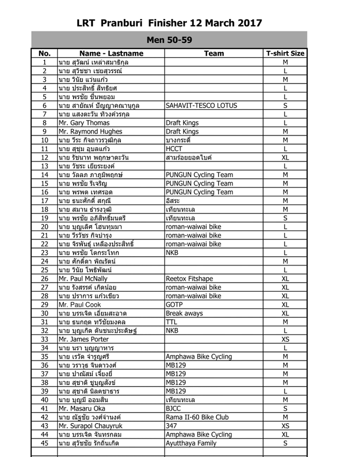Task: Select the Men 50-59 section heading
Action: coord(169,40)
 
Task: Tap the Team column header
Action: coord(214,53)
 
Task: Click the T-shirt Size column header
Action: coord(285,53)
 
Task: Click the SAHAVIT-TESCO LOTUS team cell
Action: coord(201,105)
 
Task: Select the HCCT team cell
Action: coord(174,149)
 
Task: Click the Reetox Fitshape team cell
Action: coord(189,278)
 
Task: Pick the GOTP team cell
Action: coord(174,305)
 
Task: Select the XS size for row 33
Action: coord(285,339)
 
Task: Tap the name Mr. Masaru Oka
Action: coord(81,408)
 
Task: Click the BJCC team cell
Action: coord(174,408)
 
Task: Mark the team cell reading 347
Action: coord(171,426)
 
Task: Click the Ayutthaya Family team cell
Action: coord(191,443)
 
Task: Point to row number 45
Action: coord(44,443)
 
